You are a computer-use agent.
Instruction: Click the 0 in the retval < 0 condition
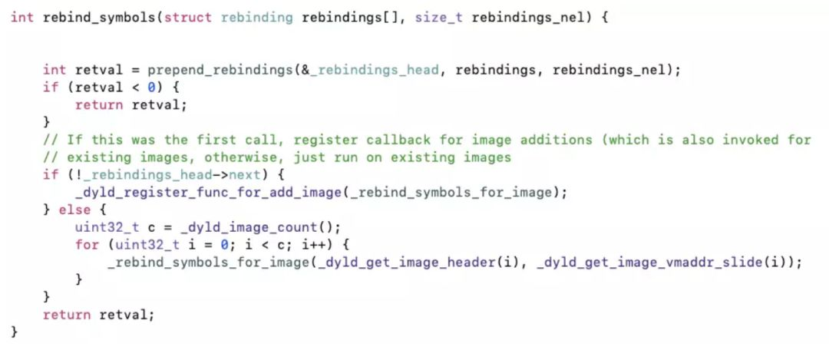point(150,88)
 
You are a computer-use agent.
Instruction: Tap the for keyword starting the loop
point(87,245)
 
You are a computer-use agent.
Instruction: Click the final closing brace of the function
point(15,332)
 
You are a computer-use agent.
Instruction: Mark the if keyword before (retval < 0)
point(50,88)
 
